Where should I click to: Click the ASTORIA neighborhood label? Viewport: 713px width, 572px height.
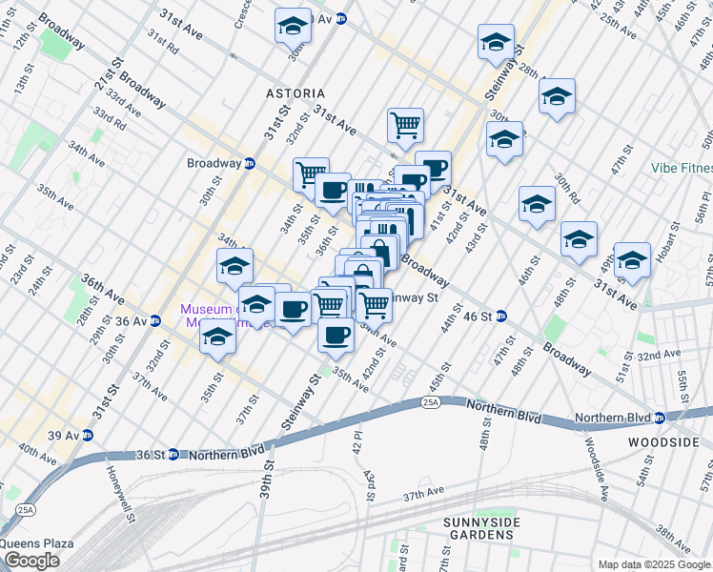[295, 94]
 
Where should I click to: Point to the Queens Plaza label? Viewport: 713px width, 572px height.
[37, 543]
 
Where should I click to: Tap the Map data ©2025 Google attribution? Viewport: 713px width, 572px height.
[653, 564]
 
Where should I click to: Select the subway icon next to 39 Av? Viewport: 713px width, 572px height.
[88, 436]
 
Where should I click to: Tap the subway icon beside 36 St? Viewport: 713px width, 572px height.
[173, 455]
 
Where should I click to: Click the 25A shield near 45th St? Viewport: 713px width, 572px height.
[431, 404]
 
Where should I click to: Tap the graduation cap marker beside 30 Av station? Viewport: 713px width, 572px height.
[294, 26]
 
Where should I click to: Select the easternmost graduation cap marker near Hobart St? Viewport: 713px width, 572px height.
[632, 259]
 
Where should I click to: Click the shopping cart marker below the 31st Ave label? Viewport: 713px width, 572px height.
[405, 124]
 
